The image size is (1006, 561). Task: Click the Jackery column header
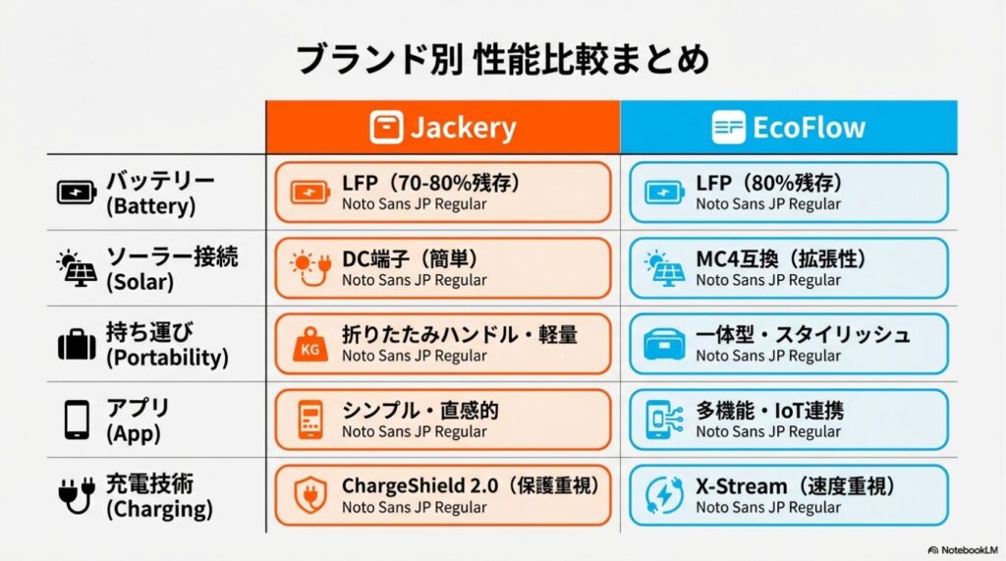click(442, 127)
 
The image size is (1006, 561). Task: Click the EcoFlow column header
click(788, 127)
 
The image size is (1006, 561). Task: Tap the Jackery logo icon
click(386, 127)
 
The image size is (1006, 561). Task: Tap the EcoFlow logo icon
click(729, 127)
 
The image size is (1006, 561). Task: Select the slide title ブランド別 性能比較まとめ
click(502, 60)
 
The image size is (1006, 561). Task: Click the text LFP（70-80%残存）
click(430, 183)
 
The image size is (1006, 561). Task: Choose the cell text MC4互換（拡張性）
click(781, 258)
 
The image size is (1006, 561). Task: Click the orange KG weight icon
click(310, 346)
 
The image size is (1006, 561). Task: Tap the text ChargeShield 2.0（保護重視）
click(470, 485)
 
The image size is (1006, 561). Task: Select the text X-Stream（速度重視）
click(796, 485)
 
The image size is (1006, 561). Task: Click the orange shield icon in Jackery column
click(310, 495)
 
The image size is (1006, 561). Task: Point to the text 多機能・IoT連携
click(769, 410)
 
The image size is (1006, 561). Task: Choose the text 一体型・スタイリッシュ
click(803, 334)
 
